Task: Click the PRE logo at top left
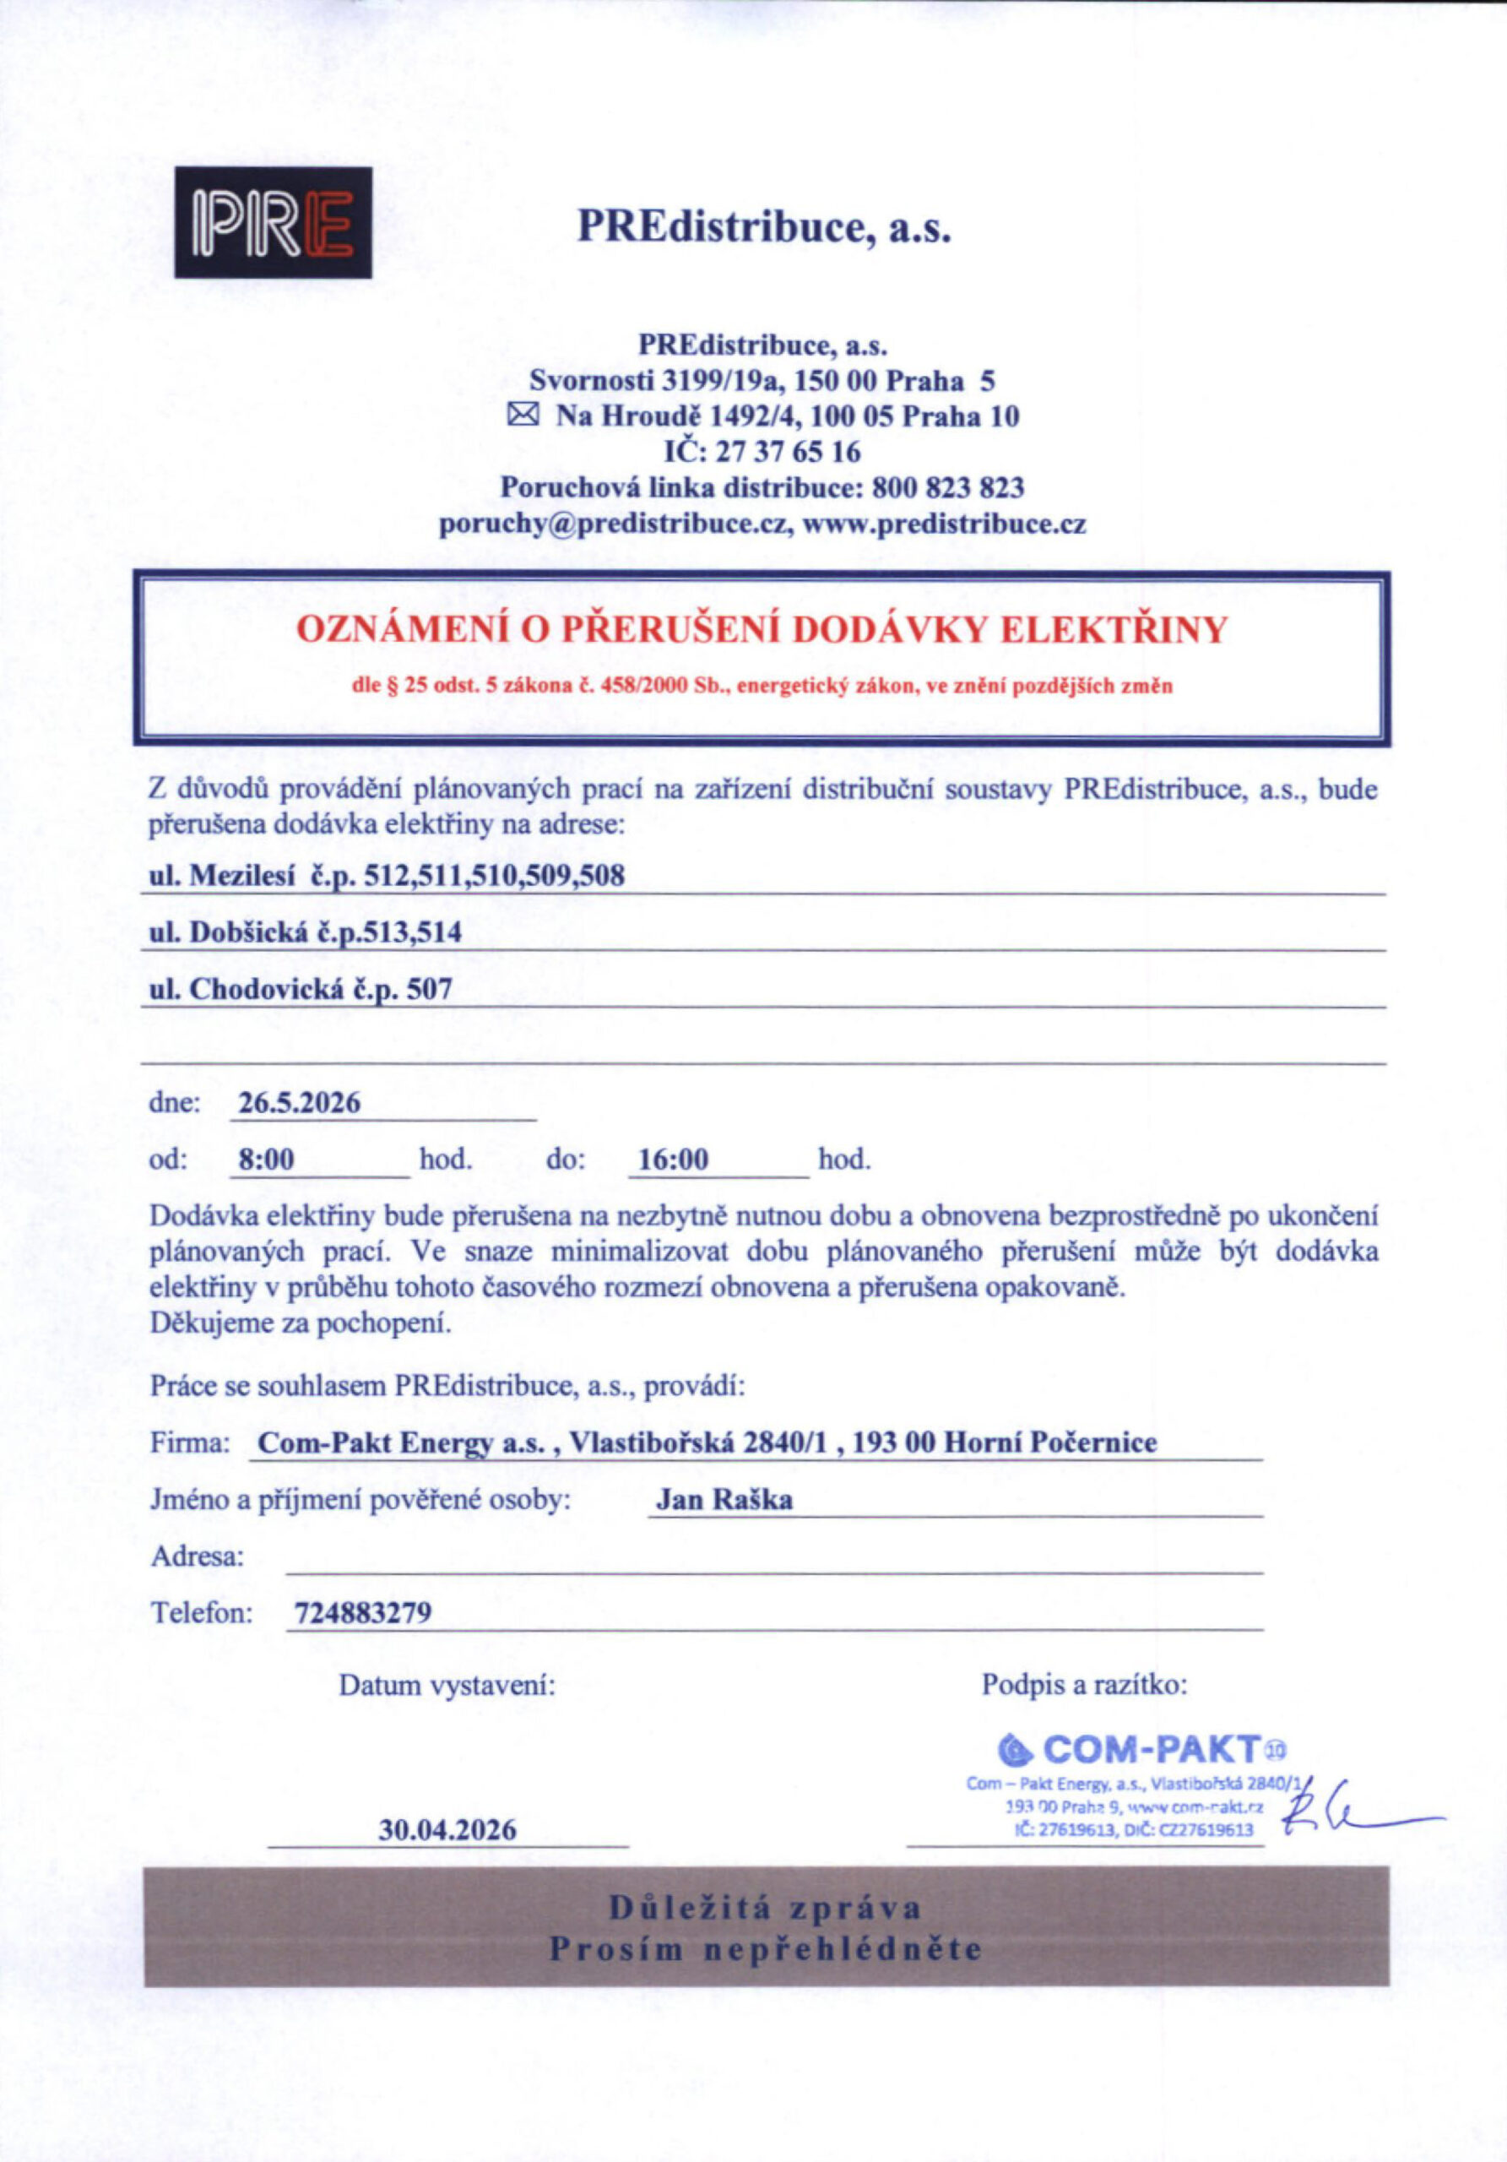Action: (273, 222)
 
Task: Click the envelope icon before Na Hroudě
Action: (523, 415)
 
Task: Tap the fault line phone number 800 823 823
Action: (948, 488)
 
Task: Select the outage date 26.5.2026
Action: (300, 1103)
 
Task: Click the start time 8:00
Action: (267, 1160)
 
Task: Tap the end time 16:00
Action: (673, 1160)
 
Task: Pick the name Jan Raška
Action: (724, 1499)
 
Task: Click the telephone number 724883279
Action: (363, 1613)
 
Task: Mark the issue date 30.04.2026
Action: (448, 1829)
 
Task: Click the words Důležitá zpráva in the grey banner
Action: (765, 1908)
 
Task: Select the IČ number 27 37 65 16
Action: (789, 452)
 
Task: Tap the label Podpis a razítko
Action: (1084, 1684)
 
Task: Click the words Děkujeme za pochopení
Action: (301, 1323)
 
